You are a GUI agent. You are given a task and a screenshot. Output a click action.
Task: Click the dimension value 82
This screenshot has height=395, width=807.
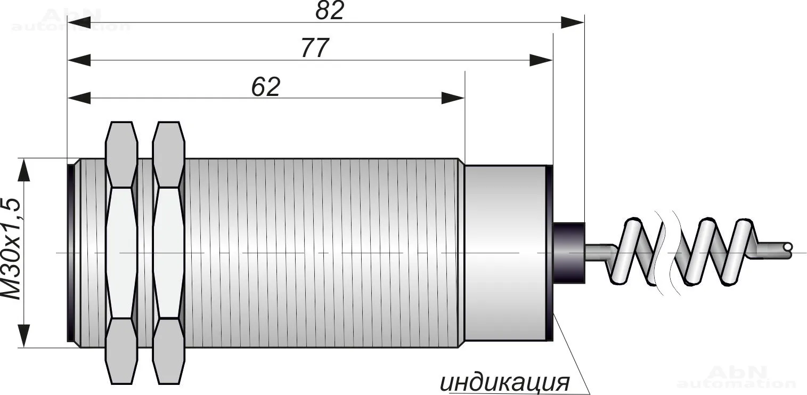click(x=330, y=10)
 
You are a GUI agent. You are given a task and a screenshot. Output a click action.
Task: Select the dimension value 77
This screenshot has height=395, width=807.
click(x=315, y=47)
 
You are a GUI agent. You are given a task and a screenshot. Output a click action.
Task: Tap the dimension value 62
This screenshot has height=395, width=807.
click(x=266, y=86)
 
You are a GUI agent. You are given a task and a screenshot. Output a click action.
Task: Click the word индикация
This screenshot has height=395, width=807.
click(x=505, y=382)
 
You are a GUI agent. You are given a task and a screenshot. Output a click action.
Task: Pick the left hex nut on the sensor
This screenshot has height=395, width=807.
click(x=121, y=253)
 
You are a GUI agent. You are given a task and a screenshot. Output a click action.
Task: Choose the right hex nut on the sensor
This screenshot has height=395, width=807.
click(x=168, y=253)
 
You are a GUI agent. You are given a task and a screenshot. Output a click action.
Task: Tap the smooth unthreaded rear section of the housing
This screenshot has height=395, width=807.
click(x=505, y=253)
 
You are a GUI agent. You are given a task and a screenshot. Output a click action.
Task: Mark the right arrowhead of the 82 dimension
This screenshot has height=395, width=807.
click(x=573, y=22)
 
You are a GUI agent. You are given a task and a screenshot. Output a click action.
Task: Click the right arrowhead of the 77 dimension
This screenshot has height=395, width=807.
click(x=541, y=60)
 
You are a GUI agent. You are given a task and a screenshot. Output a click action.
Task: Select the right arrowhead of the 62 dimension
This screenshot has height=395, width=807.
click(x=453, y=98)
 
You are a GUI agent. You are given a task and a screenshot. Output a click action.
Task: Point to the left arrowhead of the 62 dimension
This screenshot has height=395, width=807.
click(x=79, y=98)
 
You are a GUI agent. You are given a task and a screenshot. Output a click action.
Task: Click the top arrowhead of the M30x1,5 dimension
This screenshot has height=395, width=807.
click(x=23, y=170)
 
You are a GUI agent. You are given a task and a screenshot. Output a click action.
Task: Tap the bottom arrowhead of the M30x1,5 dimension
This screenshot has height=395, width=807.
click(x=23, y=336)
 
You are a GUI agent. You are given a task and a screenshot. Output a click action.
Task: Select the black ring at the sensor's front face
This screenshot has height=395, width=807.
click(x=71, y=253)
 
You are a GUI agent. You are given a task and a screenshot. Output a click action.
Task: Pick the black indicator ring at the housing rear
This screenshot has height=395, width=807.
click(x=550, y=253)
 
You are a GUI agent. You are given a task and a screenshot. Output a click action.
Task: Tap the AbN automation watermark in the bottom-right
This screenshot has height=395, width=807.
click(x=736, y=377)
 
